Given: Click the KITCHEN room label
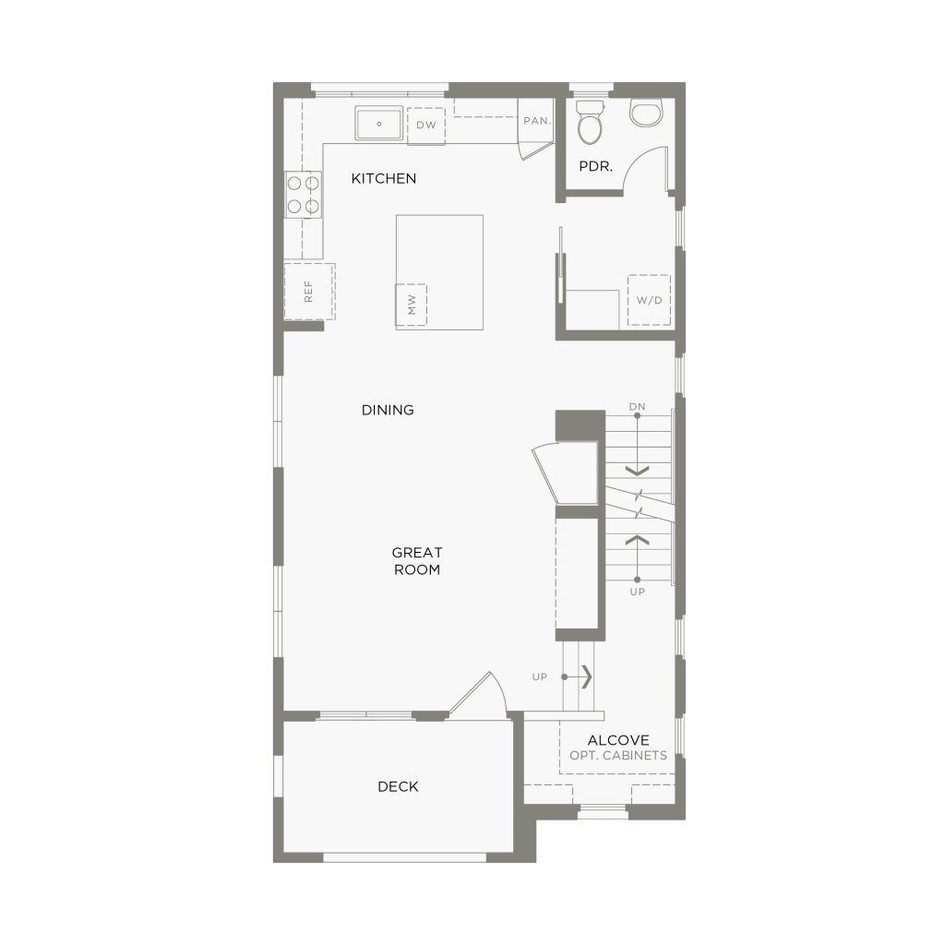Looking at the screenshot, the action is [x=383, y=178].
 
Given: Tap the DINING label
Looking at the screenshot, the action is [x=388, y=410].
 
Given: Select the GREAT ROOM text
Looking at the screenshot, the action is [x=417, y=561].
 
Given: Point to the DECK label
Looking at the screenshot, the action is [x=398, y=786].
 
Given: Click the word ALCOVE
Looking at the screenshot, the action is [x=618, y=740].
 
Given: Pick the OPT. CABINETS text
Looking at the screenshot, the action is [x=618, y=755].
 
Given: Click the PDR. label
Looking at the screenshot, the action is [x=595, y=166].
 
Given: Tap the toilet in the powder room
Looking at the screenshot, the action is [x=590, y=123].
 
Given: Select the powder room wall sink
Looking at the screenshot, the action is [x=646, y=114].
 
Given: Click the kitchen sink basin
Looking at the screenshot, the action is [x=379, y=124].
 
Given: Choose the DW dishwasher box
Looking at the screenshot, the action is [x=426, y=126].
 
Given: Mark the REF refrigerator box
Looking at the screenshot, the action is [x=309, y=292].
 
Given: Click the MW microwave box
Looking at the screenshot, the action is [x=411, y=305].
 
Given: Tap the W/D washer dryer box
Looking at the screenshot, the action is [x=649, y=300].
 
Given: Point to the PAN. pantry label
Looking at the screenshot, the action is [x=537, y=121].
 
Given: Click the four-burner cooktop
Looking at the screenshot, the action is [x=303, y=194].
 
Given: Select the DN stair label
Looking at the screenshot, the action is [x=637, y=407].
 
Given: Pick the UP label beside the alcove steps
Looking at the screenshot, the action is [x=539, y=676].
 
